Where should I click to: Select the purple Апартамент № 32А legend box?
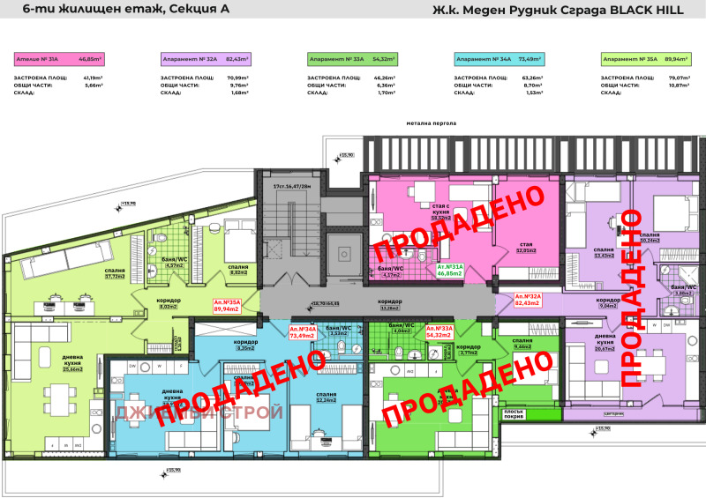(205, 59)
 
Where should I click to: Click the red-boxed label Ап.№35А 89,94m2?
(227, 306)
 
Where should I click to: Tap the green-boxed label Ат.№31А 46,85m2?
(450, 270)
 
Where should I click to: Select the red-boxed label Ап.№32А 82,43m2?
(528, 300)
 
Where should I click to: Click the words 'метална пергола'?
(431, 124)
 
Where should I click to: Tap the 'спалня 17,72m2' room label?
(116, 273)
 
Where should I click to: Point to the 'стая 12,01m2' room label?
(527, 248)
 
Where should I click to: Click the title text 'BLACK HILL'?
(650, 11)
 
